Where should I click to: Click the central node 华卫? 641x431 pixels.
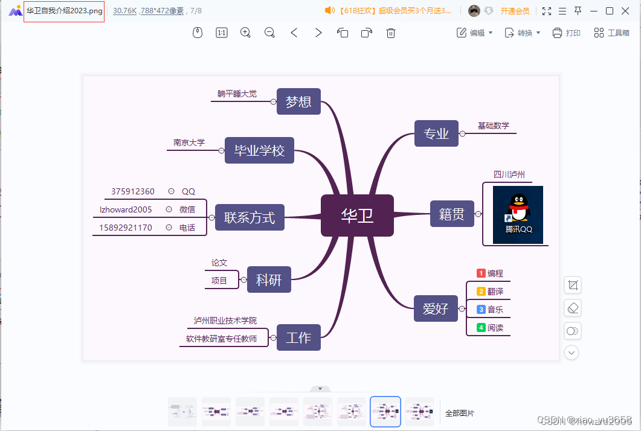pyautogui.click(x=357, y=215)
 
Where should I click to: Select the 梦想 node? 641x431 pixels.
pyautogui.click(x=298, y=101)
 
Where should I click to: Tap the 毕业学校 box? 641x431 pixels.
pyautogui.click(x=259, y=150)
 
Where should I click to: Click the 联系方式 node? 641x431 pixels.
pyautogui.click(x=250, y=217)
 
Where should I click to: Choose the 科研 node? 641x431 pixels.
pyautogui.click(x=269, y=280)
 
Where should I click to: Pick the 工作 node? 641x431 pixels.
pyautogui.click(x=298, y=337)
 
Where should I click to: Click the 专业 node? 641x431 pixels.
pyautogui.click(x=436, y=133)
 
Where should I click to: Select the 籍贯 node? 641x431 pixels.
pyautogui.click(x=452, y=214)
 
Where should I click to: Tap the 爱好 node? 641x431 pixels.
pyautogui.click(x=436, y=308)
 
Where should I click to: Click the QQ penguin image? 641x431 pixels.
pyautogui.click(x=518, y=215)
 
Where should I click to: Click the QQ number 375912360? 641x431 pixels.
pyautogui.click(x=133, y=191)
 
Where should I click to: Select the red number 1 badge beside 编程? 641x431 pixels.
pyautogui.click(x=481, y=273)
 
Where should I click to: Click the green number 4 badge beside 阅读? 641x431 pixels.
pyautogui.click(x=481, y=328)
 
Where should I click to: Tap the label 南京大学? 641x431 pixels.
pyautogui.click(x=189, y=142)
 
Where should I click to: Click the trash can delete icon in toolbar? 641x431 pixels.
pyautogui.click(x=391, y=33)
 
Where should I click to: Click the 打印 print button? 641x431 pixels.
pyautogui.click(x=566, y=33)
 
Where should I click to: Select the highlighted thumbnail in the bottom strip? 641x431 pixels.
pyautogui.click(x=385, y=411)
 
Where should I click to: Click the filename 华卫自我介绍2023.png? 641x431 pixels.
pyautogui.click(x=64, y=11)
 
